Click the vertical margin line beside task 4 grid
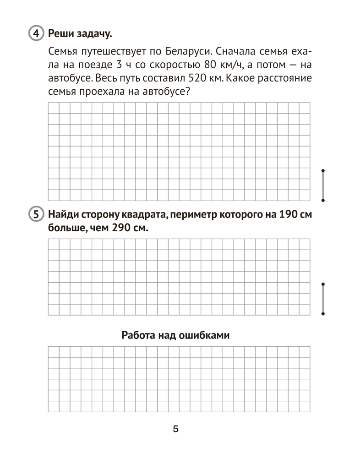323,185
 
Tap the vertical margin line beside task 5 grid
323,299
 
